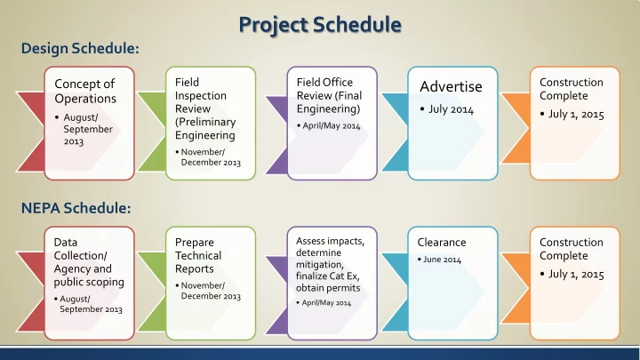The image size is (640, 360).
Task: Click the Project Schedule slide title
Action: [x=320, y=25]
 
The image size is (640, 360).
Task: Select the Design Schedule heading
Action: [x=80, y=48]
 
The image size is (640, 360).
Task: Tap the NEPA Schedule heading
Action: [x=76, y=208]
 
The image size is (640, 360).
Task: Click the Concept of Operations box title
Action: [x=85, y=91]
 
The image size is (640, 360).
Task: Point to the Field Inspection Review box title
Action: [x=205, y=108]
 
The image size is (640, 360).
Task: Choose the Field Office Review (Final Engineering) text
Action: [x=329, y=95]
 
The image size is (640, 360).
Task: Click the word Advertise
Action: [x=451, y=86]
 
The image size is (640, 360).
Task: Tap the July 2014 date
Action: [x=451, y=109]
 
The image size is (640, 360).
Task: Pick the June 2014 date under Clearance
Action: [x=442, y=260]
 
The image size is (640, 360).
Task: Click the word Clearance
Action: [x=442, y=242]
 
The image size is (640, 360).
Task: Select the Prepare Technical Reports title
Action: [x=198, y=255]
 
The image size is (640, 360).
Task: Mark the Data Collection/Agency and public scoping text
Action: [x=89, y=262]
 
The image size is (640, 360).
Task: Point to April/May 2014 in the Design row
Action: [x=331, y=125]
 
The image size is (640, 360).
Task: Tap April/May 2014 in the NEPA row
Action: [x=326, y=303]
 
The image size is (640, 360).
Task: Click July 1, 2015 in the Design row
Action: [x=576, y=115]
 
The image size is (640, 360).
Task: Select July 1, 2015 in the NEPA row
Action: [x=576, y=275]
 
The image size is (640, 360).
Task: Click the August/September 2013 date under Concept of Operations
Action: [x=88, y=130]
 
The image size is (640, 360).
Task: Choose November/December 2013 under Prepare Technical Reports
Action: [x=211, y=291]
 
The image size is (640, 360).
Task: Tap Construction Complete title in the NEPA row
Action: [x=572, y=249]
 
